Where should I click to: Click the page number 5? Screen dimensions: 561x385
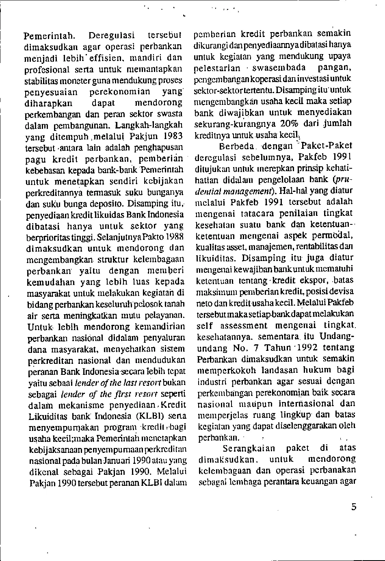[x=354, y=507]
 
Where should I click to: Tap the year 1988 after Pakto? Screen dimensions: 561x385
[x=175, y=237]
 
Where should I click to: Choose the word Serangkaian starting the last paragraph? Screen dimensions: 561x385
[x=249, y=448]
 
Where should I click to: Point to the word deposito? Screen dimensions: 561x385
[x=145, y=203]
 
